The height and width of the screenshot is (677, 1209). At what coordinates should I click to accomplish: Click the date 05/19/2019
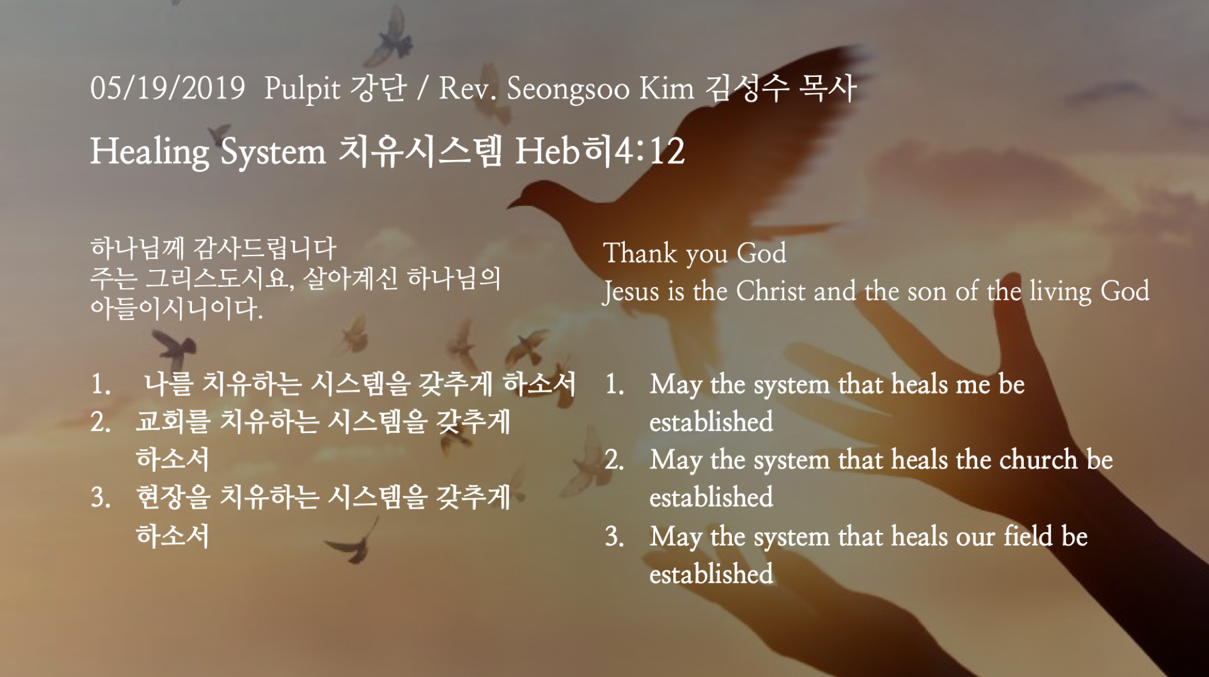[168, 88]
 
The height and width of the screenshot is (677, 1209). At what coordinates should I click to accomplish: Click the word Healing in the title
[150, 151]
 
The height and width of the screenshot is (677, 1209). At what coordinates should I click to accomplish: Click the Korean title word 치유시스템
[421, 150]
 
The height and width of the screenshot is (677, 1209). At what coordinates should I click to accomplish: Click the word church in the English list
[1038, 460]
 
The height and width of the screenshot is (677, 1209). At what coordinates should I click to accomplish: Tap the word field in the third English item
[1028, 536]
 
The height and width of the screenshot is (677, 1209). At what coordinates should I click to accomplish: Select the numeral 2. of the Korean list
[100, 421]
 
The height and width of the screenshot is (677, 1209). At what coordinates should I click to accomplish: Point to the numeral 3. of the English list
[615, 537]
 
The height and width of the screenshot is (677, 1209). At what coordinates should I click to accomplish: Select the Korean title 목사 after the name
[827, 88]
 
